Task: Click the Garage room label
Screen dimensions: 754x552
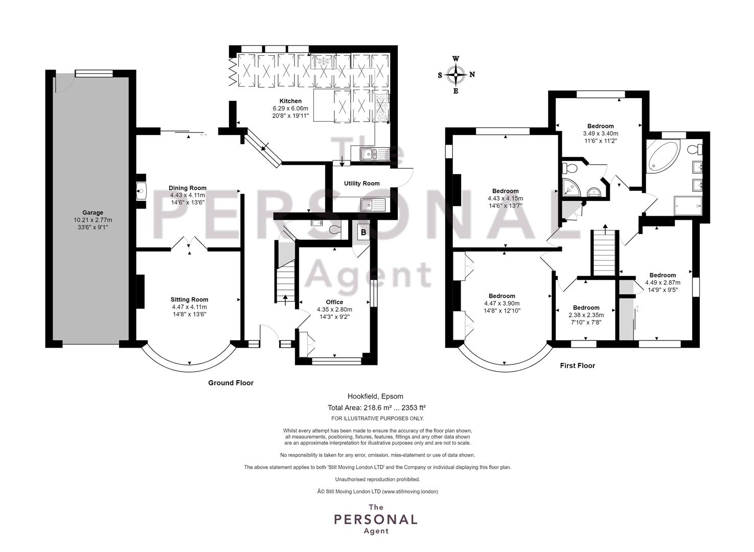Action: [x=93, y=213]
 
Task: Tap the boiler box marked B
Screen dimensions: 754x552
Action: [x=363, y=232]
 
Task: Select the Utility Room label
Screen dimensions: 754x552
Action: [x=361, y=183]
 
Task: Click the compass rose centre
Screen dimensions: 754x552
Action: [x=456, y=75]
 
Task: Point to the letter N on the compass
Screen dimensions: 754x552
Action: [x=472, y=75]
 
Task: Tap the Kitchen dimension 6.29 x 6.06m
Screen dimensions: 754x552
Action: [x=290, y=108]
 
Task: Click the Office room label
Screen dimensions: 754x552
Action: [x=334, y=302]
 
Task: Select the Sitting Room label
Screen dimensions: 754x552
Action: [x=189, y=299]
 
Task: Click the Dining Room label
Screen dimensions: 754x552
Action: [x=188, y=188]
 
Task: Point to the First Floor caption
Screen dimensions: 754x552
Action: [x=577, y=365]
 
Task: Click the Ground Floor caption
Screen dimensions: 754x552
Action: [x=231, y=383]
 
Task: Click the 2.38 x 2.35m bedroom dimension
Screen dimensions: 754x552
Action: [x=586, y=315]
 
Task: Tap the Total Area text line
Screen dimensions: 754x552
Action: [x=377, y=407]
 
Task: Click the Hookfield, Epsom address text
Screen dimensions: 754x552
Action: [x=375, y=396]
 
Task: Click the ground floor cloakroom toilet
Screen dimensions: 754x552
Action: [x=335, y=229]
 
